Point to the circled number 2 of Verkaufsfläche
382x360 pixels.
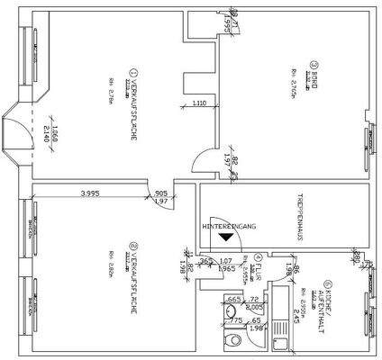coord(132,245)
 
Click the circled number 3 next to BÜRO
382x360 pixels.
coord(315,64)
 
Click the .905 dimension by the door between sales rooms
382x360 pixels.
coord(160,193)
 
